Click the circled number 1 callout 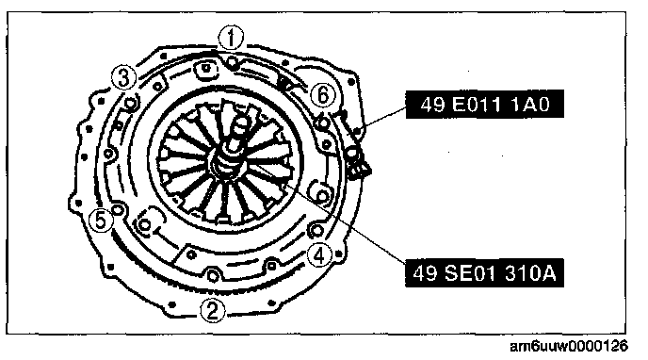(231, 39)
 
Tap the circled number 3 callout (123, 77)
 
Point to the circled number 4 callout (319, 255)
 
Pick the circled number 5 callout (101, 220)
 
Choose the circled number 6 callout (323, 95)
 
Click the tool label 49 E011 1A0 (485, 105)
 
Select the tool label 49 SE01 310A (484, 273)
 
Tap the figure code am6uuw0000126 (569, 346)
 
